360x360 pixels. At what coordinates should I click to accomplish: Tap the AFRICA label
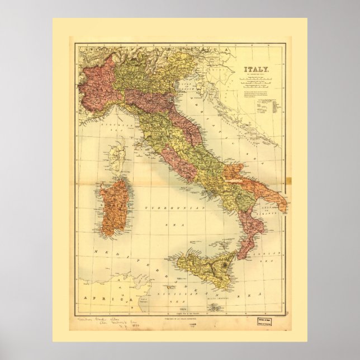94,299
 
